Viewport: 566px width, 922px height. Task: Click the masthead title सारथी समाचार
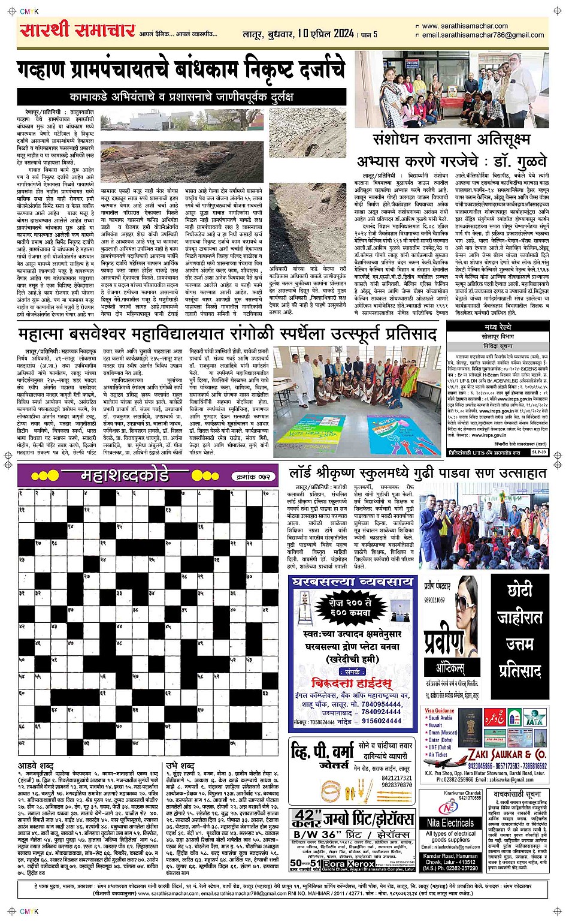(x=77, y=30)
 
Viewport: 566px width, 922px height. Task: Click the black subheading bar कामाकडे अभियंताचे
(x=182, y=97)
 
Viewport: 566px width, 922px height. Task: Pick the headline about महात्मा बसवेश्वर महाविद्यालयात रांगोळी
(x=228, y=335)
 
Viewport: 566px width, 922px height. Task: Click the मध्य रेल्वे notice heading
(x=498, y=327)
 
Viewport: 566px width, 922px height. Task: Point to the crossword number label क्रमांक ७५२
(x=254, y=477)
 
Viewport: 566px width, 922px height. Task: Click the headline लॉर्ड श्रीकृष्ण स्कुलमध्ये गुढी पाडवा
(x=417, y=474)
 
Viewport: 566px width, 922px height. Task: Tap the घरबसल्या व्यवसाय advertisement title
(x=352, y=582)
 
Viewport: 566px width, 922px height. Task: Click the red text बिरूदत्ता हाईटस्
(x=352, y=683)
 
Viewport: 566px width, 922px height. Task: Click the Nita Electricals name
(x=449, y=823)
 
